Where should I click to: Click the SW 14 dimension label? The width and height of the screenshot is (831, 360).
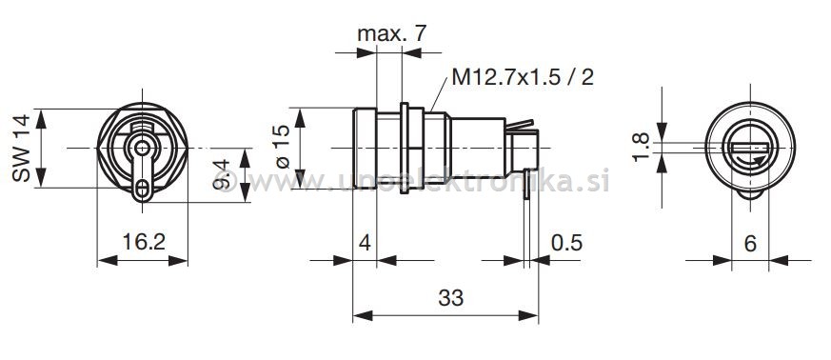(x=22, y=149)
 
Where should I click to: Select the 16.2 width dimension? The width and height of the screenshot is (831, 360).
(x=144, y=242)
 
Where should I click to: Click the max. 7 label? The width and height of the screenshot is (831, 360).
(x=391, y=35)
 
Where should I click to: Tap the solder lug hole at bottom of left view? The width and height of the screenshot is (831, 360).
(x=143, y=189)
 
